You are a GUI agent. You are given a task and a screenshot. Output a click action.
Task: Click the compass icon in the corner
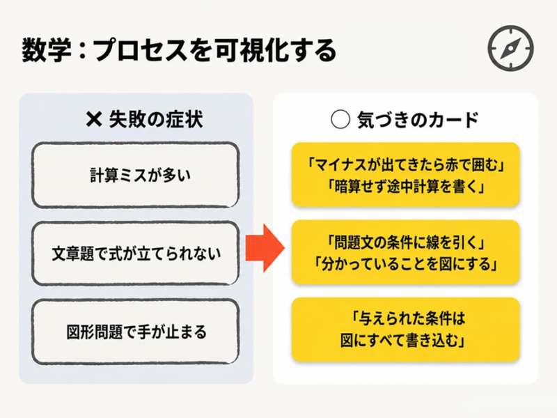point(511,48)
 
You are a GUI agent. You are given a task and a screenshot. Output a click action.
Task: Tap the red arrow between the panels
point(265,248)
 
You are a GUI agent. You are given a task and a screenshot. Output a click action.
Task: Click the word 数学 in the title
point(47,50)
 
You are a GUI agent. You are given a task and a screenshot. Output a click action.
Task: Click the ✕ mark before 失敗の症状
point(94,119)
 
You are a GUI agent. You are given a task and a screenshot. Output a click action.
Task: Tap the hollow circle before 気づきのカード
point(340,119)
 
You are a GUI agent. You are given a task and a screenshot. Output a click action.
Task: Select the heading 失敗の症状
point(156,119)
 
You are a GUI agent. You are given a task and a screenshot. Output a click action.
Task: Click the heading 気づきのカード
point(418,120)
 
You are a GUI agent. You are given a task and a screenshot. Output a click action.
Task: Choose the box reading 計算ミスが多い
point(135,175)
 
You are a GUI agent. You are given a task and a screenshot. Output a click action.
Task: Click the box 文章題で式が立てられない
point(135,253)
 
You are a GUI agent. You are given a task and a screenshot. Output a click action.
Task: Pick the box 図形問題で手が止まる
point(135,332)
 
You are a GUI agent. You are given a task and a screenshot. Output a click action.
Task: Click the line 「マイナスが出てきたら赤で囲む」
point(406,164)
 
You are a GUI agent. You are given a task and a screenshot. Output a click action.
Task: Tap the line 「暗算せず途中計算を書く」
point(406,186)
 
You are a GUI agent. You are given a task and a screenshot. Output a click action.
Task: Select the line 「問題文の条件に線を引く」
point(406,242)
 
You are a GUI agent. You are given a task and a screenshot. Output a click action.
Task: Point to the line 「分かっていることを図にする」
point(406,264)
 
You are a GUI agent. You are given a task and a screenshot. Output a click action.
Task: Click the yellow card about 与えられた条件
point(406,330)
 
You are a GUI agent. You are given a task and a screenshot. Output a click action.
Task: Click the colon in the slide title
point(82,51)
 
